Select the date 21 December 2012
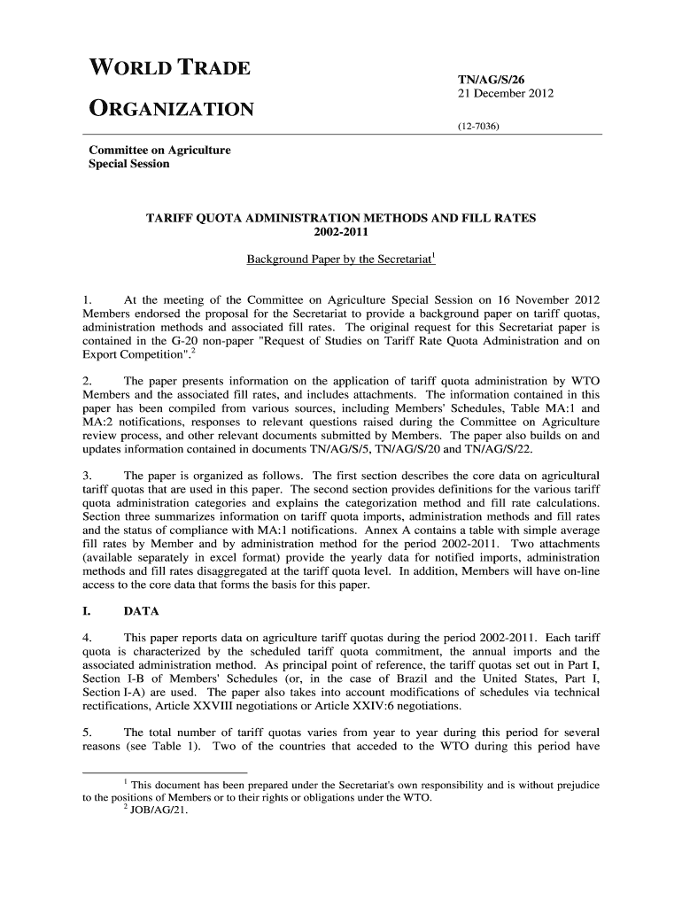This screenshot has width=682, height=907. (x=505, y=94)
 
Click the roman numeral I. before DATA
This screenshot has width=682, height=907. (x=89, y=611)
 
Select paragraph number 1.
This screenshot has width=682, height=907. (x=88, y=300)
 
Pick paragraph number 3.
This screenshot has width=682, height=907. (x=88, y=476)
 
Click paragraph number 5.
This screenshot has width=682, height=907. (x=88, y=733)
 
